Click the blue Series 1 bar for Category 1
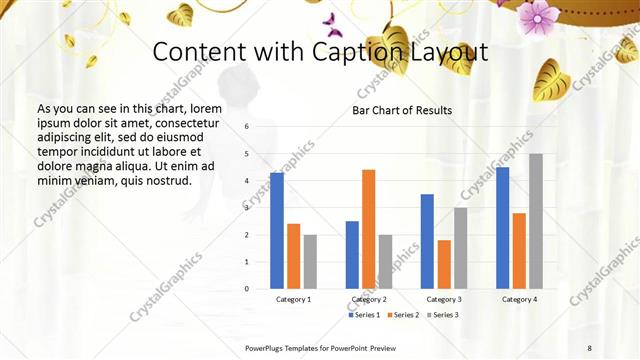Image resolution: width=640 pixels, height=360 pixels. [x=277, y=231]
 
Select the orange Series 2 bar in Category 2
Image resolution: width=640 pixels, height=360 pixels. [x=368, y=229]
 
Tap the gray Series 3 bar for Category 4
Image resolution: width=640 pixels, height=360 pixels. [x=536, y=221]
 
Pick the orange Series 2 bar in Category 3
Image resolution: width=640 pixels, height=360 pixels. [x=444, y=264]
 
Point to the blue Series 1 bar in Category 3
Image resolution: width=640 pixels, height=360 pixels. [x=427, y=241]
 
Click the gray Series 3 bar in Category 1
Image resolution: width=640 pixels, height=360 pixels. [x=310, y=262]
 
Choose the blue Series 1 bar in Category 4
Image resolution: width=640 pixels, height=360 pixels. [x=502, y=228]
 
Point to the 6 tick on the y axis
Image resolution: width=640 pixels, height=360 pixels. [x=247, y=127]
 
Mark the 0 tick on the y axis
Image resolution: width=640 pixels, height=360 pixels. [x=247, y=289]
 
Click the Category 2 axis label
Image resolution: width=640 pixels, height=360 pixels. [x=369, y=299]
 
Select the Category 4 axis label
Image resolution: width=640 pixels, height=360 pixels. [x=519, y=299]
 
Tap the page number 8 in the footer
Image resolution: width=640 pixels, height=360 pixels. [x=589, y=347]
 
